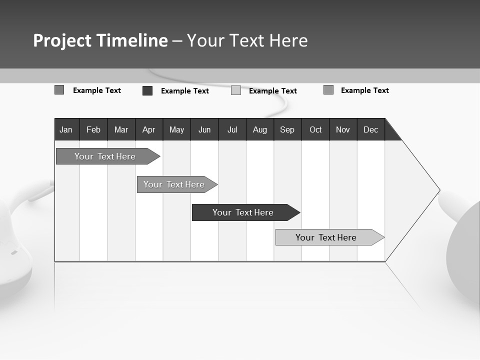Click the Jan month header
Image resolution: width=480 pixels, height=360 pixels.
pyautogui.click(x=66, y=129)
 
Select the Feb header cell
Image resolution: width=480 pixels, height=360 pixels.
pyautogui.click(x=93, y=129)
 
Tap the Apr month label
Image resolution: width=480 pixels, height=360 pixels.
pyautogui.click(x=148, y=129)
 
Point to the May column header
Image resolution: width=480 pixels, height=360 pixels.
pyautogui.click(x=176, y=129)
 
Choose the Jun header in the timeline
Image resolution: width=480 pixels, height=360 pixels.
pyautogui.click(x=204, y=129)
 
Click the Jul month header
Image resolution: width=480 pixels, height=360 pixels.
pyautogui.click(x=232, y=129)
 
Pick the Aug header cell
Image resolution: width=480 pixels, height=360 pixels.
pyautogui.click(x=260, y=129)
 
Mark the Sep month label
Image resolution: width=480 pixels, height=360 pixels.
pyautogui.click(x=287, y=129)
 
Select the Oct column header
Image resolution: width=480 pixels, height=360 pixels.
pyautogui.click(x=315, y=129)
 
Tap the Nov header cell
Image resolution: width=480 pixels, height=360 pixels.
pyautogui.click(x=343, y=129)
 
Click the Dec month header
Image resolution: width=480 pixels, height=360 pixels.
pyautogui.click(x=371, y=129)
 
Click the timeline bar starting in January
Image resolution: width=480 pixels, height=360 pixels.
pyautogui.click(x=105, y=156)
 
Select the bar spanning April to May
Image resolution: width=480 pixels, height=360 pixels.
pyautogui.click(x=174, y=184)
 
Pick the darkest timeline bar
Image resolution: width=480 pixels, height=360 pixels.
pyautogui.click(x=243, y=212)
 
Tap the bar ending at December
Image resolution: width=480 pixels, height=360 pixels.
pyautogui.click(x=326, y=237)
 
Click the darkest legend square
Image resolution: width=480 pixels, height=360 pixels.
pyautogui.click(x=147, y=90)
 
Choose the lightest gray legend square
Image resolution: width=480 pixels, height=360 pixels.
pyautogui.click(x=236, y=90)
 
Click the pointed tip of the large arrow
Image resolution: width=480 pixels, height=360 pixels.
pyautogui.click(x=439, y=190)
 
